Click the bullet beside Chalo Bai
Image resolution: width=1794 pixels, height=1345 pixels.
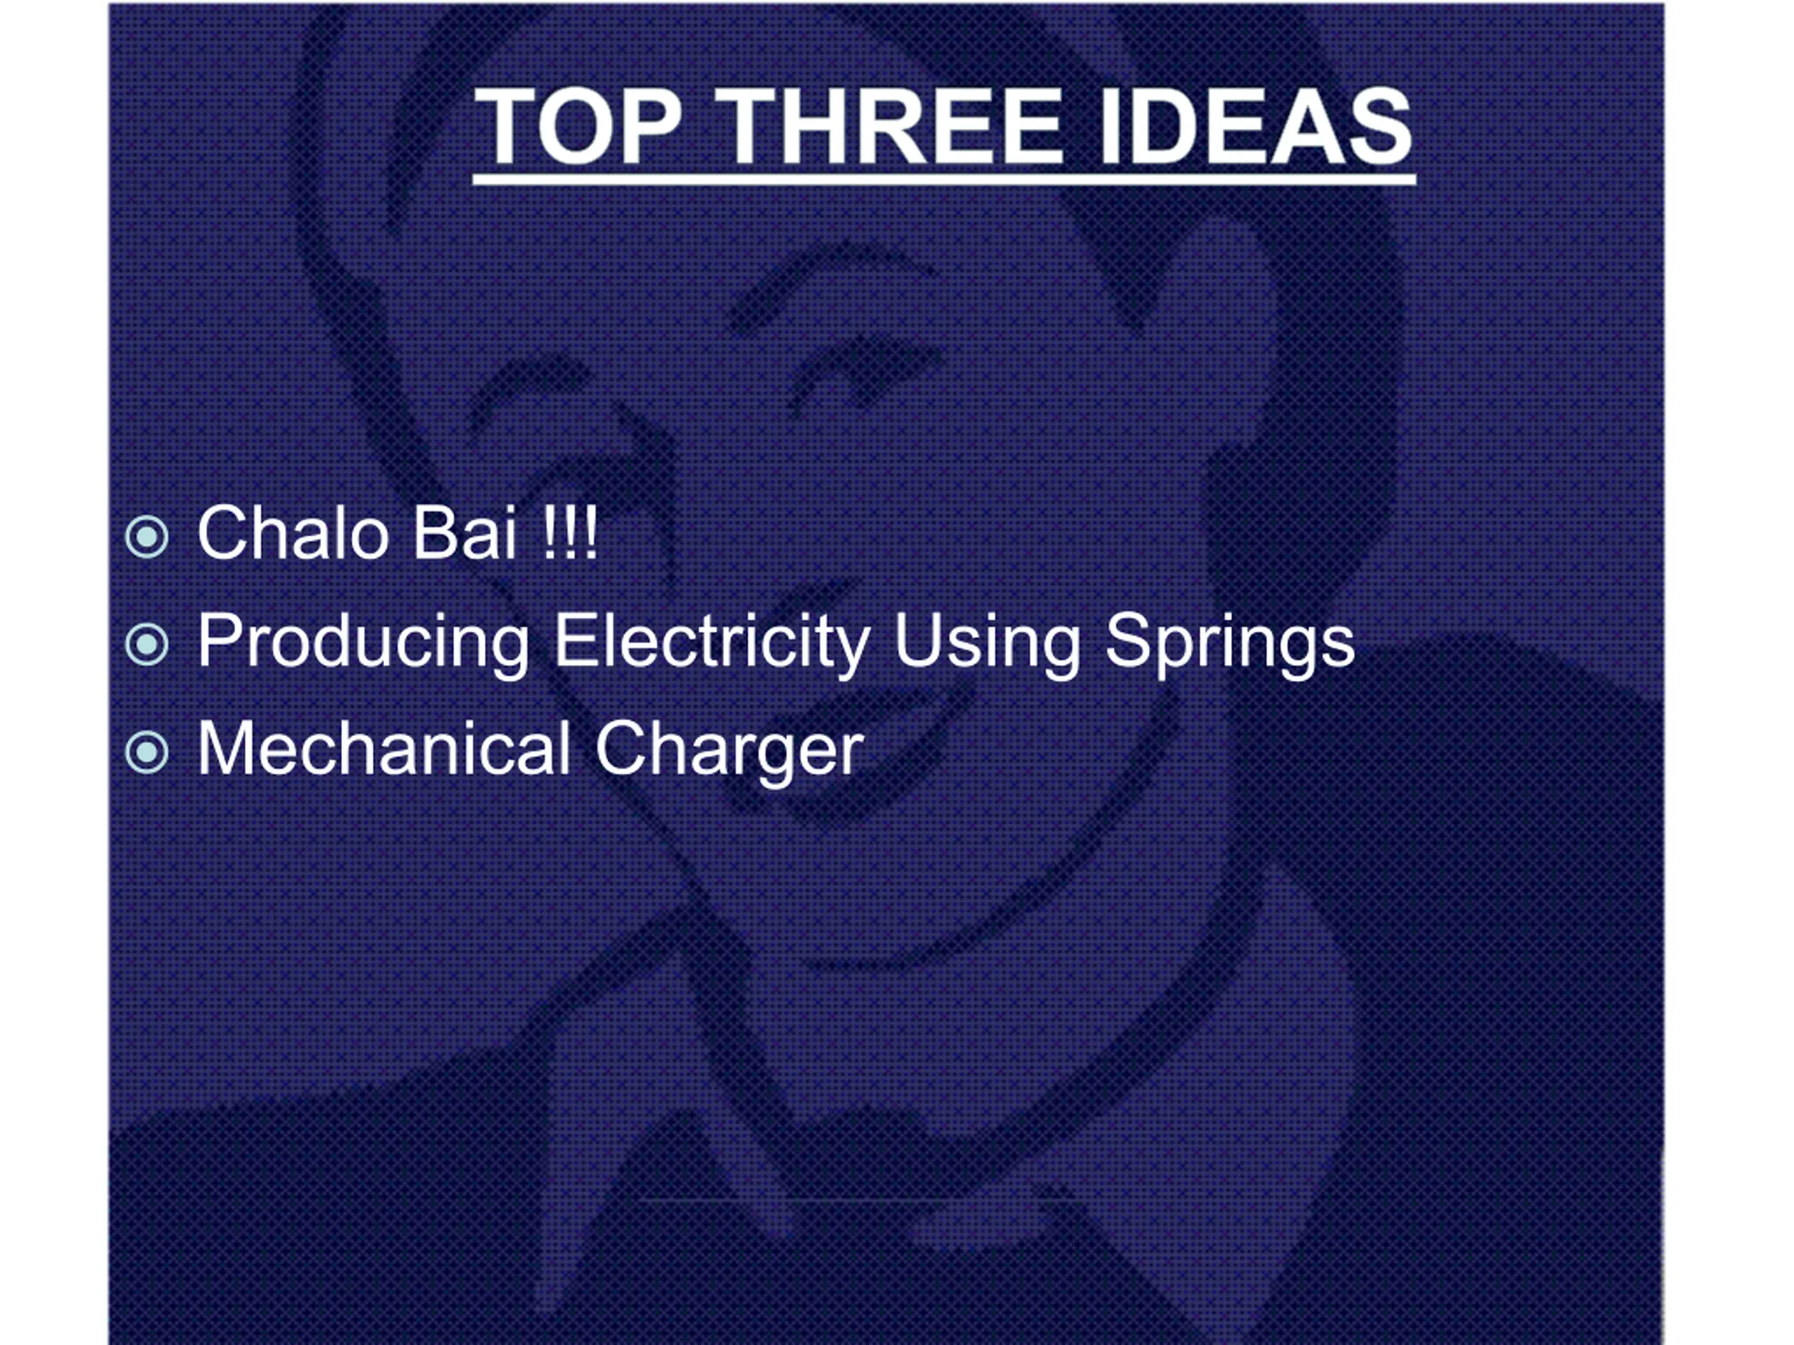pos(146,536)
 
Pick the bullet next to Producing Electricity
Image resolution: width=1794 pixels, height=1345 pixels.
pos(146,644)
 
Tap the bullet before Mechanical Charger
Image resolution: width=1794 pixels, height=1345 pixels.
pos(146,752)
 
